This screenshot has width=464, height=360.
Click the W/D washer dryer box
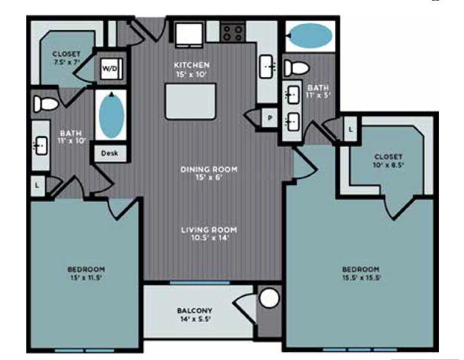click(x=110, y=69)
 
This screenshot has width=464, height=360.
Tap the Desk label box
click(x=109, y=153)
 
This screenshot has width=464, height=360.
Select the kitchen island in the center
click(x=190, y=101)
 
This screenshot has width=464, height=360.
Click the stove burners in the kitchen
click(x=232, y=31)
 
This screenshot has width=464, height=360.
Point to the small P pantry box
click(x=270, y=118)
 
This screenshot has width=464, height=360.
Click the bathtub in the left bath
click(x=110, y=115)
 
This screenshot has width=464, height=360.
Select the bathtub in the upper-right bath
click(x=310, y=36)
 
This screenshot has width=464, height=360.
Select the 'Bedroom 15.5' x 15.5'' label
click(x=361, y=273)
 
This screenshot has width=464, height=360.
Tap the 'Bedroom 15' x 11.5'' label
click(x=86, y=273)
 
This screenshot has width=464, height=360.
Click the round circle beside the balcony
click(x=269, y=298)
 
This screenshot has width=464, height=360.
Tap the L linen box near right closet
click(x=351, y=128)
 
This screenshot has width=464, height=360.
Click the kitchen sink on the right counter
click(x=267, y=66)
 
